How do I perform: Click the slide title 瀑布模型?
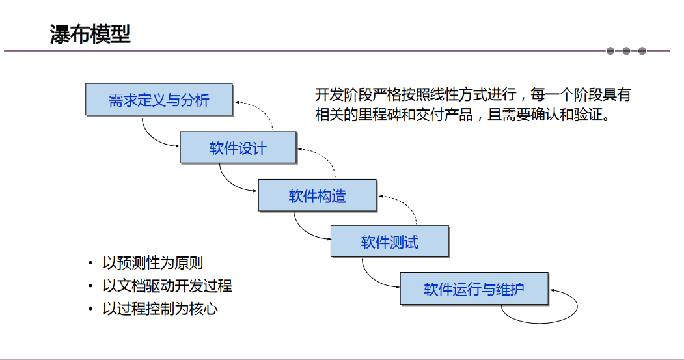coord(90,33)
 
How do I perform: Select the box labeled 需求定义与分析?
coord(159,100)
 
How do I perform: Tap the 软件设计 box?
coord(238,148)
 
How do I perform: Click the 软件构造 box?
coord(317,195)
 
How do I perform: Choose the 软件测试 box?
coord(389,242)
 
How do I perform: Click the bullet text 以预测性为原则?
coord(153,263)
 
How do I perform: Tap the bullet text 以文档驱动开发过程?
coord(167,286)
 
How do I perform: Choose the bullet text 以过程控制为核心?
coord(160,309)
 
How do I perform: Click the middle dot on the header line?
coord(626,51)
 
